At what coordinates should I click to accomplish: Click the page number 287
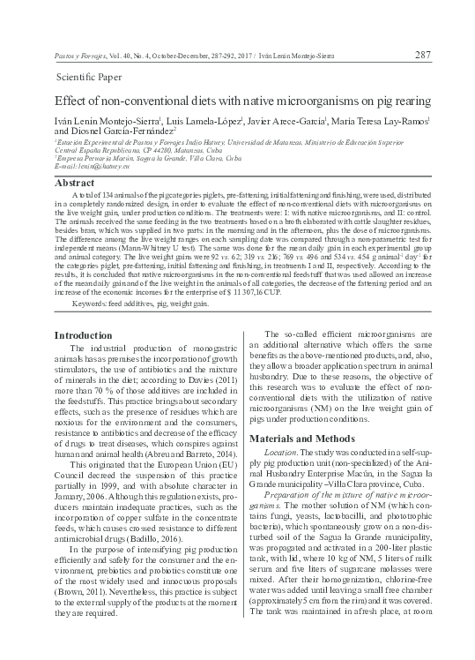pyautogui.click(x=422, y=55)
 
